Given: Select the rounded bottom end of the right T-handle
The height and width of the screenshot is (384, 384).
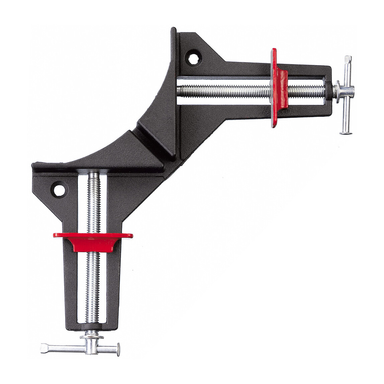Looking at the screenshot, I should coord(345,132).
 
